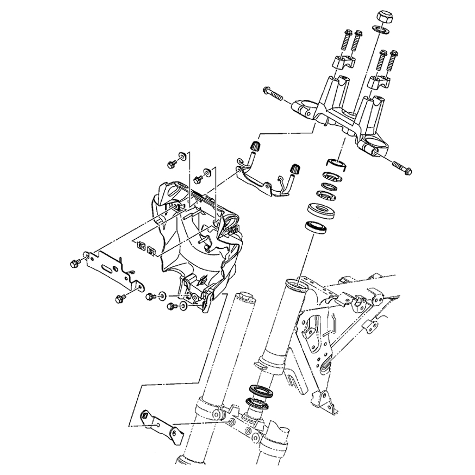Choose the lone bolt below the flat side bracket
(119, 299)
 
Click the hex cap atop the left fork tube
(246, 297)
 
